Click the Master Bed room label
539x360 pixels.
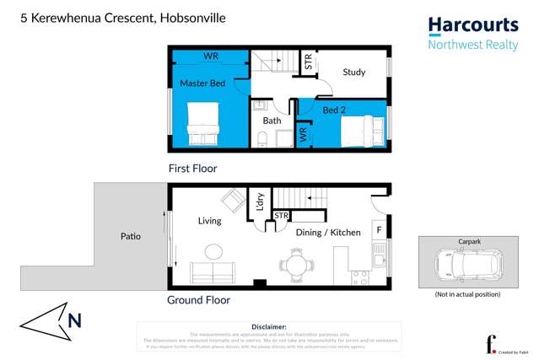[x=202, y=83]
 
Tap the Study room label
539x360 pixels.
[x=353, y=73]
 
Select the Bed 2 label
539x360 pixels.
[x=335, y=110]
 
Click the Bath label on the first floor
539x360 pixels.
[x=272, y=121]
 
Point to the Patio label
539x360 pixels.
[x=130, y=236]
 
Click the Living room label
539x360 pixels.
[x=209, y=221]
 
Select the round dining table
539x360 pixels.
[x=295, y=264]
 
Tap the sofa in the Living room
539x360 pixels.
[x=213, y=272]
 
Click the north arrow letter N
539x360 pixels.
[x=74, y=320]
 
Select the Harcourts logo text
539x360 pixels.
[x=472, y=25]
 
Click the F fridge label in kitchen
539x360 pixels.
[x=380, y=228]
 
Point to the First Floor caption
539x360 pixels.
[x=193, y=169]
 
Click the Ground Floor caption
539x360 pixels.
[x=198, y=299]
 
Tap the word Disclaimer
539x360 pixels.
[x=269, y=326]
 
